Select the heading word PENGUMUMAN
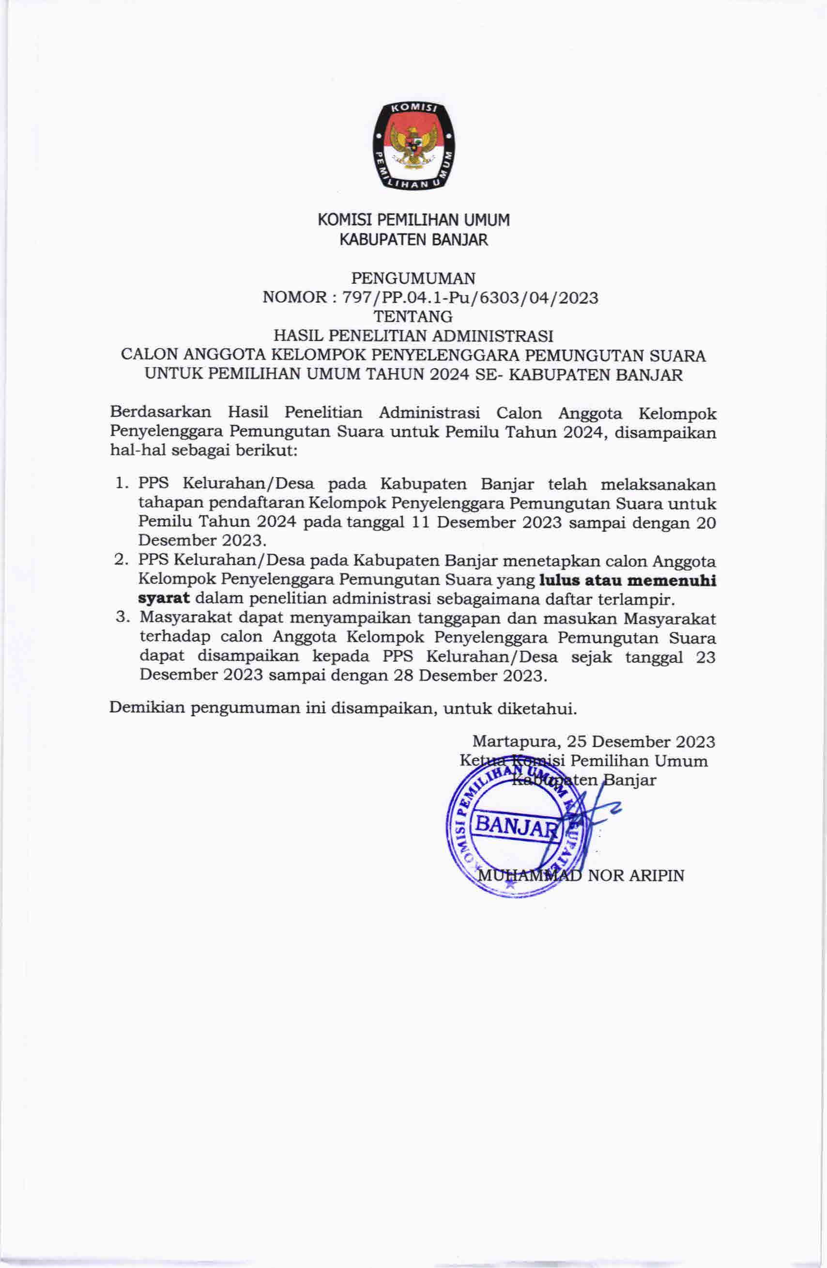tap(413, 278)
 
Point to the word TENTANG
tap(413, 316)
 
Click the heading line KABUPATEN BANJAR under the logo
tap(414, 240)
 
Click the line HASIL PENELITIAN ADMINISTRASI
tap(413, 336)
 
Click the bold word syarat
tap(164, 599)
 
